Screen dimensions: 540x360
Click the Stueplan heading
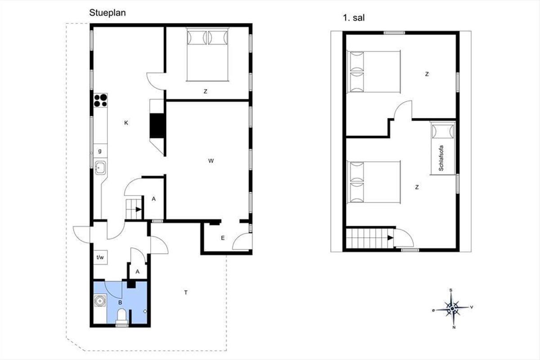pos(107,13)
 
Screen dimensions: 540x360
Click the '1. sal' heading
pos(354,18)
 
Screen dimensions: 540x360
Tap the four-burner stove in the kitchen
pos(100,100)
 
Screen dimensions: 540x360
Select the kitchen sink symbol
pos(100,167)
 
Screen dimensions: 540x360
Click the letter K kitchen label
pos(126,123)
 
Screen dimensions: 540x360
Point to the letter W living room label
pos(211,161)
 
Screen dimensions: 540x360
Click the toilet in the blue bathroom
pos(121,317)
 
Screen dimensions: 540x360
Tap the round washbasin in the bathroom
pos(99,301)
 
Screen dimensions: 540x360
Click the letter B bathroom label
pos(120,302)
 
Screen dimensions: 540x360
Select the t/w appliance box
pos(100,257)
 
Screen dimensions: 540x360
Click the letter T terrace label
pos(186,292)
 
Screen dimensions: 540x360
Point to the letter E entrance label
pos(223,238)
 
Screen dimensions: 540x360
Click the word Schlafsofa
pos(441,158)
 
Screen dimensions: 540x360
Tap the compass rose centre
pos(453,308)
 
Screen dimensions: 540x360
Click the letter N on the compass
pos(454,328)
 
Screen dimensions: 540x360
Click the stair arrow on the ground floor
pos(139,209)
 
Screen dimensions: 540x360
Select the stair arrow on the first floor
pos(391,238)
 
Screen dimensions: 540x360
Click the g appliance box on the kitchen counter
pos(100,151)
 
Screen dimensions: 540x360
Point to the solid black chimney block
pos(157,126)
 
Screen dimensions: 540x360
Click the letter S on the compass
pos(451,290)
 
